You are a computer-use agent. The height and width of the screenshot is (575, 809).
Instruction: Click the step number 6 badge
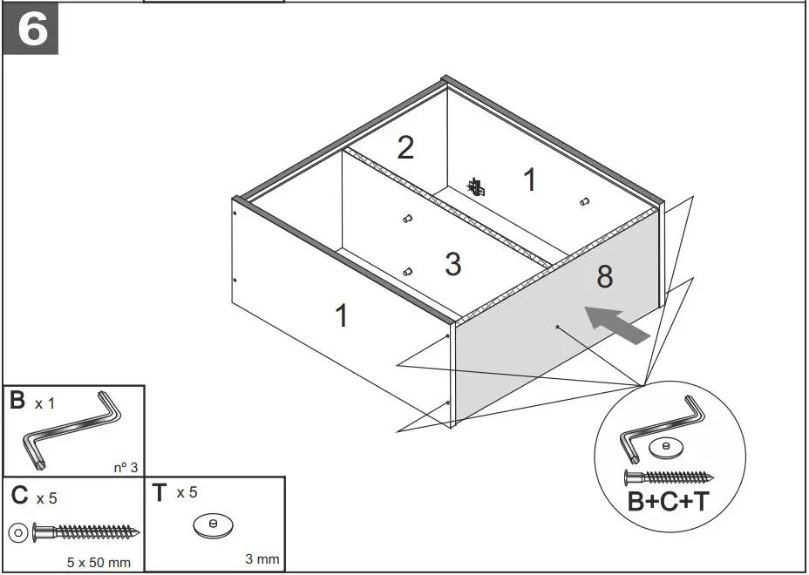(31, 30)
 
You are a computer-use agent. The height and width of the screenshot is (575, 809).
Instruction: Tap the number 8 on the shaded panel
(604, 277)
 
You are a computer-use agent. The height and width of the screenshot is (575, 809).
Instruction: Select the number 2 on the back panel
(405, 148)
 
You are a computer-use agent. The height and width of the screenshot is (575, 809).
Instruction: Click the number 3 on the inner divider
(452, 264)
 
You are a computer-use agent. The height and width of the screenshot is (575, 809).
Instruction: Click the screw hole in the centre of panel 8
(556, 328)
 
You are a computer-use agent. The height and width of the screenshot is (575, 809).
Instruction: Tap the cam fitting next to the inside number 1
(476, 186)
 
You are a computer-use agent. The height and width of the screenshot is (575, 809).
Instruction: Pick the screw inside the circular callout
(669, 477)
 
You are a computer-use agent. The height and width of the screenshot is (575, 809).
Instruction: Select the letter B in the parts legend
(17, 402)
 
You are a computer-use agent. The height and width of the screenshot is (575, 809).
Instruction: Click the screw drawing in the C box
(85, 531)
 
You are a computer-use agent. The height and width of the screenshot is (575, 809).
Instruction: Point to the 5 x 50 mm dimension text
(99, 562)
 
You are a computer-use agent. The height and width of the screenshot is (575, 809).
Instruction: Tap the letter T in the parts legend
(160, 494)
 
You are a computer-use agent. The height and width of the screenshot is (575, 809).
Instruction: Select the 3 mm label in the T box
(262, 558)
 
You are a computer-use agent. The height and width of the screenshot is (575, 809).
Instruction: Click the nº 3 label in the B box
(126, 467)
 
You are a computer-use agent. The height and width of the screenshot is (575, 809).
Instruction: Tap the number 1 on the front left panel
(342, 315)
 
